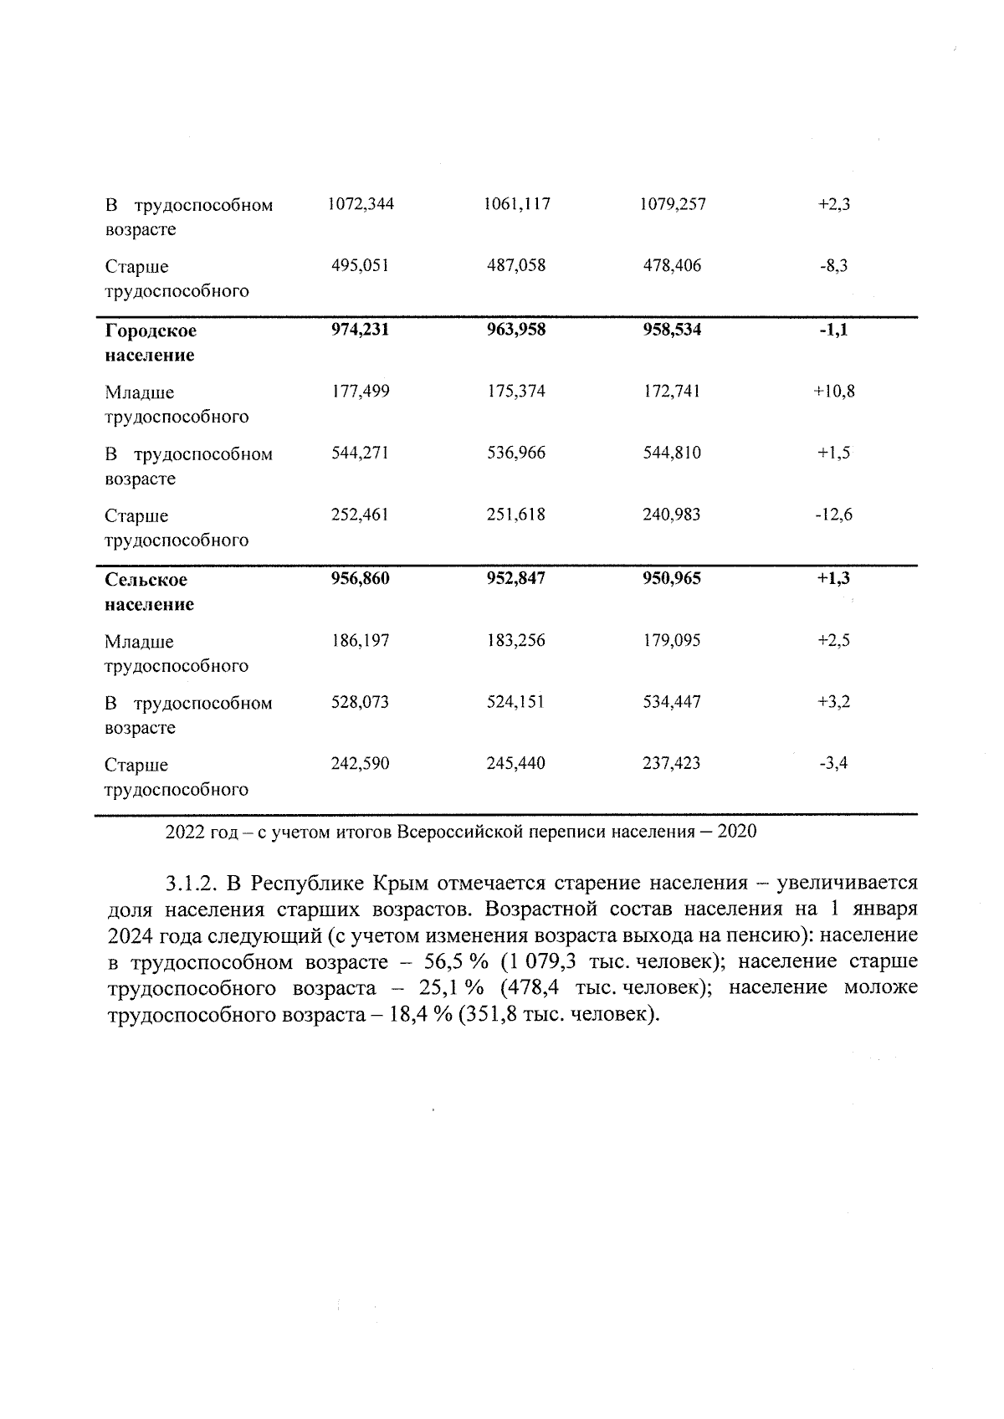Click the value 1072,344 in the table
pyautogui.click(x=361, y=204)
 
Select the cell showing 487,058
pyautogui.click(x=515, y=266)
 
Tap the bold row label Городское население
pyautogui.click(x=151, y=343)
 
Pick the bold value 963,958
pyautogui.click(x=515, y=330)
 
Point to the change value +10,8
pyautogui.click(x=833, y=392)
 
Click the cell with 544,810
pyautogui.click(x=672, y=453)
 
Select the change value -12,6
pyautogui.click(x=833, y=515)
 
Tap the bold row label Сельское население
pyautogui.click(x=149, y=592)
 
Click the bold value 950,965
pyautogui.click(x=672, y=579)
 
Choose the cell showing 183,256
pyautogui.click(x=515, y=641)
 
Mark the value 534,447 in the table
pyautogui.click(x=672, y=703)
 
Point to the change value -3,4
pyautogui.click(x=833, y=764)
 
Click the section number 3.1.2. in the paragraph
pyautogui.click(x=192, y=884)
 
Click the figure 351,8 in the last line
pyautogui.click(x=485, y=1015)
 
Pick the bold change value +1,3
pyautogui.click(x=833, y=579)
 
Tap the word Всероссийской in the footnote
pyautogui.click(x=453, y=832)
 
